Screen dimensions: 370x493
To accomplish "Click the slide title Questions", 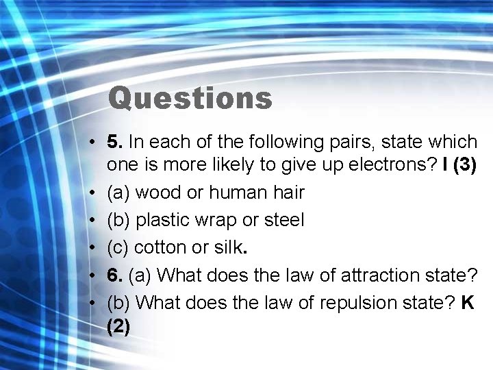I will coord(190,98).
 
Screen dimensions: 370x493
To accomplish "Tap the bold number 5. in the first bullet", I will coord(115,142).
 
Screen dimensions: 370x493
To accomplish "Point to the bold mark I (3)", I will coord(461,165).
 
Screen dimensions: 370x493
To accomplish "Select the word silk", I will coord(227,247).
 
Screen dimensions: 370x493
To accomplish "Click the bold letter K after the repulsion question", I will coord(468,302).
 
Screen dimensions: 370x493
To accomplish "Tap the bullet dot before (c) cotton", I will coord(90,248).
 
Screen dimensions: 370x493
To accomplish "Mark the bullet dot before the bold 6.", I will coord(90,275).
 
